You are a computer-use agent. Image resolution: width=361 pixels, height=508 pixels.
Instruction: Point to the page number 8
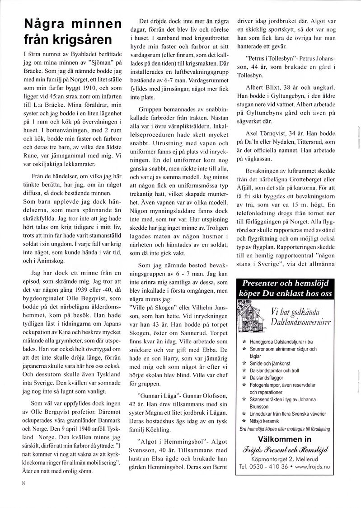click(22, 483)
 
